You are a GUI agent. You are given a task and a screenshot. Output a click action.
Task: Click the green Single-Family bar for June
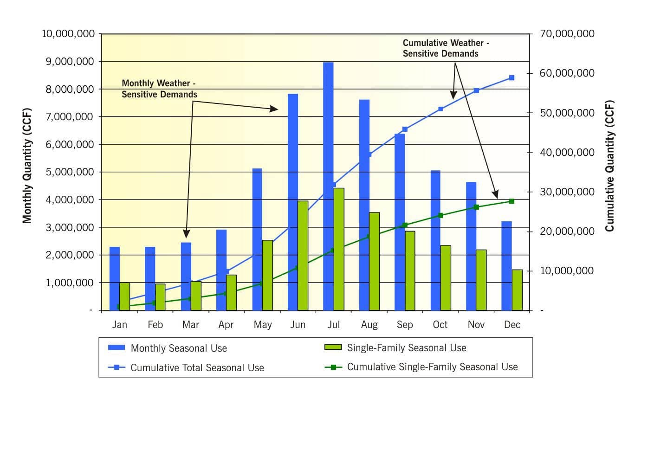click(303, 255)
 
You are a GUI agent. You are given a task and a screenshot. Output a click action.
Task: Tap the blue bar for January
click(114, 278)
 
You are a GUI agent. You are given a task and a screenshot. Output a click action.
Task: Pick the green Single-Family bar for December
click(517, 290)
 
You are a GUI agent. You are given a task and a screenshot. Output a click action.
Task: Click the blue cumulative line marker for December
click(512, 78)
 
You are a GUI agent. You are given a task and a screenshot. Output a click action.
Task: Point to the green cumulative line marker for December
click(512, 201)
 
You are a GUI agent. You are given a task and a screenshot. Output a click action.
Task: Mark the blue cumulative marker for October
click(440, 109)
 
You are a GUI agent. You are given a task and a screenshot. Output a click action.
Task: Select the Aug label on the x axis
click(369, 325)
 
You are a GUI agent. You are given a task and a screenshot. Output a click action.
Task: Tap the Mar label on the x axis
click(190, 325)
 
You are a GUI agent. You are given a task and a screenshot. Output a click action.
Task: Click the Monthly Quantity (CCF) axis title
click(27, 166)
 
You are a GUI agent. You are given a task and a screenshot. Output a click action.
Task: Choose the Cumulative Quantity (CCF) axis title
click(609, 166)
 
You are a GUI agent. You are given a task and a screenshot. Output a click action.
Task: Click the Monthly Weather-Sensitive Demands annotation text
click(159, 89)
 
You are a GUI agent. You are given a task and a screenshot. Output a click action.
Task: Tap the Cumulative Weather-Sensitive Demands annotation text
click(446, 48)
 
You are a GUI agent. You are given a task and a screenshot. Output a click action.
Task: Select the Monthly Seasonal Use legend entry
click(179, 348)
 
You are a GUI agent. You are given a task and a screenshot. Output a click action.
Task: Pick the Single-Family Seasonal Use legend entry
click(406, 348)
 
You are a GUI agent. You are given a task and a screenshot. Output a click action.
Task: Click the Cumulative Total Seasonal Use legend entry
click(197, 368)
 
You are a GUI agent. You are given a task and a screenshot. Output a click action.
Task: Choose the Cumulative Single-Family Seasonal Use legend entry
click(432, 367)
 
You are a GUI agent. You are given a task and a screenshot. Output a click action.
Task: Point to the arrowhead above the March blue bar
click(187, 234)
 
